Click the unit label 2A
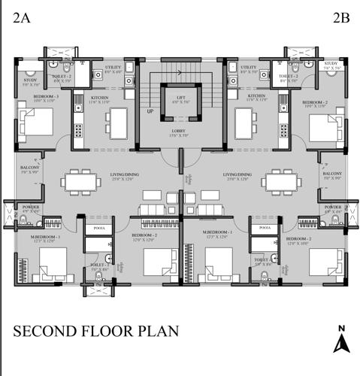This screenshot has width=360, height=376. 21,19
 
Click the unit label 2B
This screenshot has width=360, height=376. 340,19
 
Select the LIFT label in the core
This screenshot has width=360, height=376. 180,98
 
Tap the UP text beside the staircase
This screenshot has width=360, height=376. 150,111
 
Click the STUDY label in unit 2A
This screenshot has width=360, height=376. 30,80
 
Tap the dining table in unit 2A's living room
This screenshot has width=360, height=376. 80,181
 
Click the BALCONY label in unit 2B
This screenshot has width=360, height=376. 332,174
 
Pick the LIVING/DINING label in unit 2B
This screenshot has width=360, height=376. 238,175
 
